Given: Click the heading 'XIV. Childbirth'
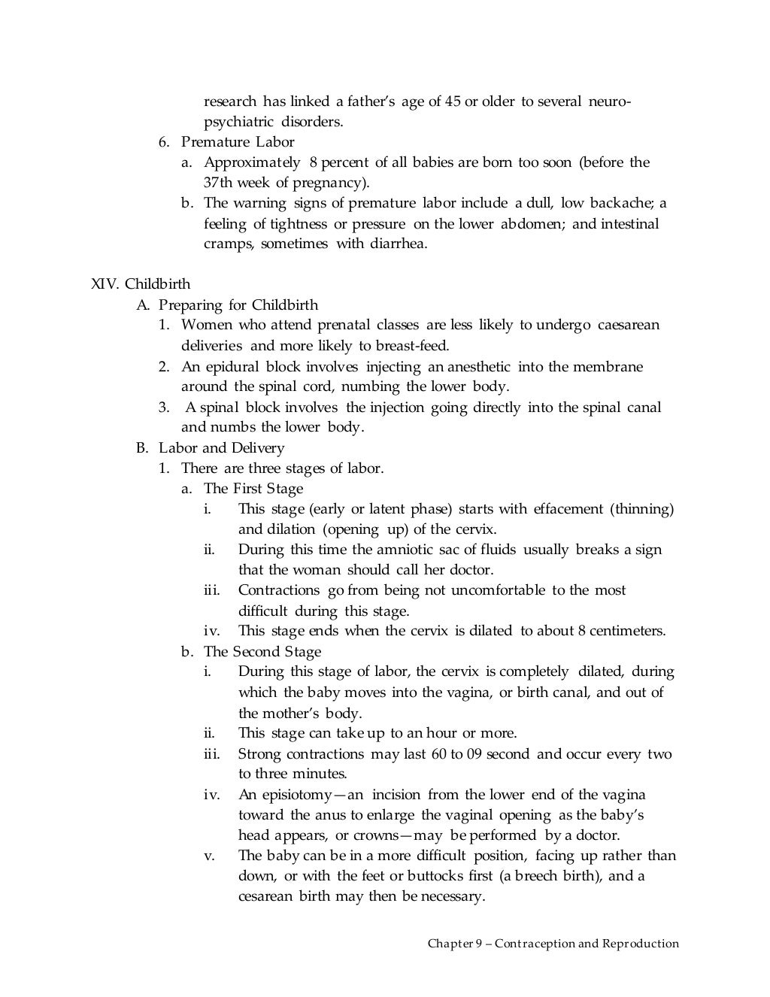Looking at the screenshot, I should pos(140,284).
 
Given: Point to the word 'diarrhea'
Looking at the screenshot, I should pos(399,244).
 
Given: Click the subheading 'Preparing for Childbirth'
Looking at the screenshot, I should pos(238,305).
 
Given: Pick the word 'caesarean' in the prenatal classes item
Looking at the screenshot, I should pos(629,325).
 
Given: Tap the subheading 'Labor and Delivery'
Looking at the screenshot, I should pos(221,447).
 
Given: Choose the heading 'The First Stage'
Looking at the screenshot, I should pos(253,488).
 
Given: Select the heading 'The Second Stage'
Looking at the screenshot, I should pos(262,651).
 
